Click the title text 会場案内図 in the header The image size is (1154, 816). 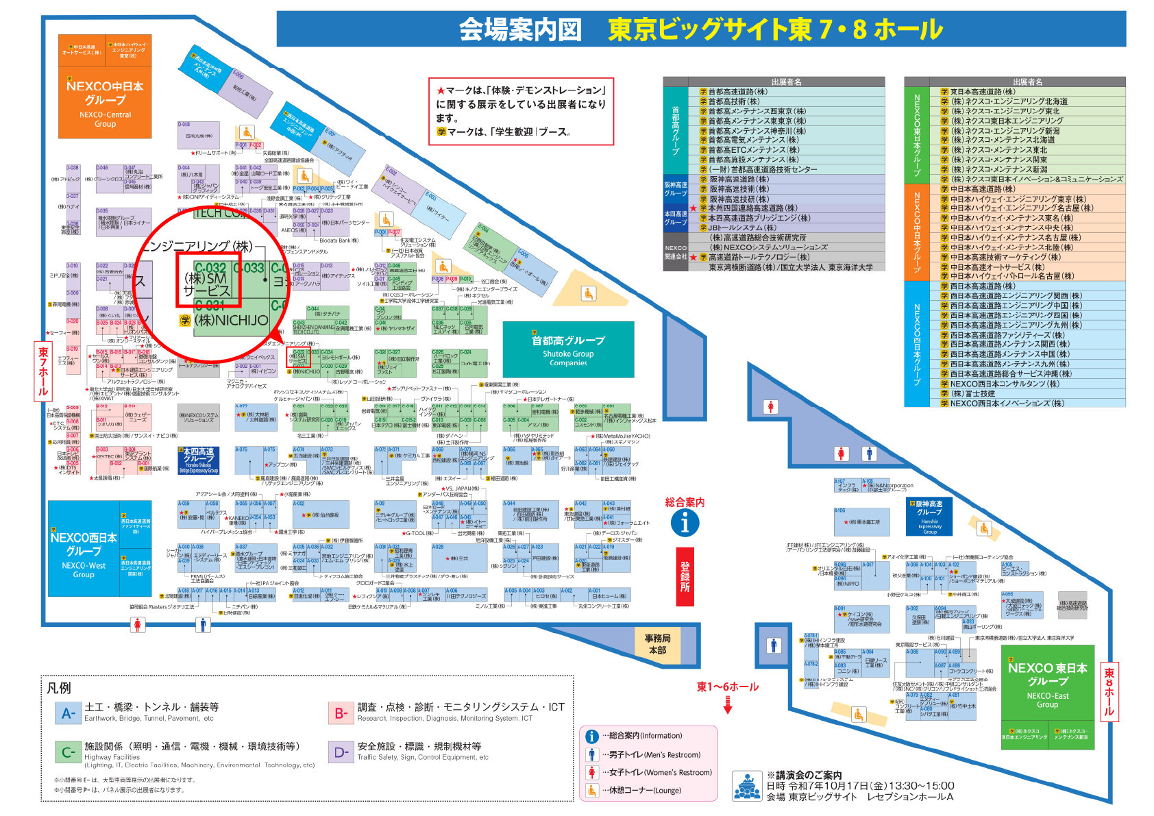(520, 29)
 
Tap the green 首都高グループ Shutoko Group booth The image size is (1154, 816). (568, 350)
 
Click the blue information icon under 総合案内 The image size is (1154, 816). (685, 523)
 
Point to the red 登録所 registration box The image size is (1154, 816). (685, 577)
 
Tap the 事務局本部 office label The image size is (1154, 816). (657, 644)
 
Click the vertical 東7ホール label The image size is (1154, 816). (43, 371)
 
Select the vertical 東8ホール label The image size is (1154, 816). (1109, 692)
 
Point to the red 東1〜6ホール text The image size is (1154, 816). (728, 687)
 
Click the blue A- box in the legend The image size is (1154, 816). (68, 713)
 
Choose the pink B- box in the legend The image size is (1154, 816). (341, 713)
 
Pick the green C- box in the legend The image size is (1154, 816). (68, 752)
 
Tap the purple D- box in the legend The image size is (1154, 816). (341, 752)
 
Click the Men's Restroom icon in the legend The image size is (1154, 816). (592, 754)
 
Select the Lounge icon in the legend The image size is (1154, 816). (592, 790)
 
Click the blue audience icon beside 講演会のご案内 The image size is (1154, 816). (747, 786)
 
